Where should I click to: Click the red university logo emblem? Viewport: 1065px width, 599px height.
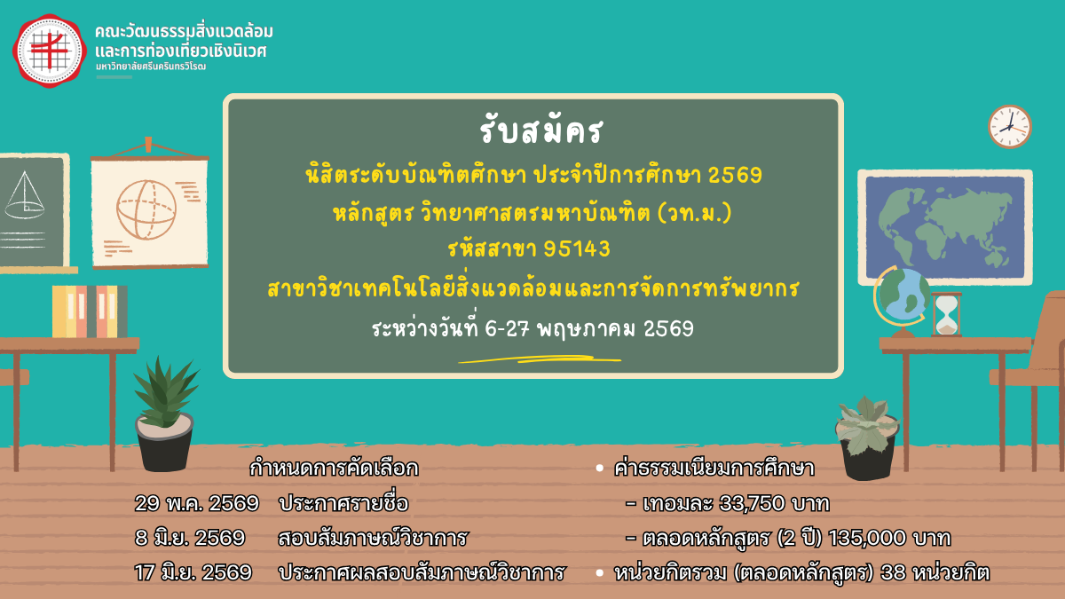tap(50, 51)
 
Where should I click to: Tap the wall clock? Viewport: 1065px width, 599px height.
tap(1010, 126)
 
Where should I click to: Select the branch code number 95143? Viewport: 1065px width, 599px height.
tap(577, 248)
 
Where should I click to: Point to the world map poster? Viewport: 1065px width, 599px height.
tap(945, 227)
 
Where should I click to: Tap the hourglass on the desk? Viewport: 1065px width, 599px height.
tap(946, 315)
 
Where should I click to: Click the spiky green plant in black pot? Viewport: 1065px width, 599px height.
tap(165, 414)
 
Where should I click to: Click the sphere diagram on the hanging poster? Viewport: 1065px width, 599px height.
tap(146, 209)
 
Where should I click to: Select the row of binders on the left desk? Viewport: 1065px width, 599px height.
tap(90, 311)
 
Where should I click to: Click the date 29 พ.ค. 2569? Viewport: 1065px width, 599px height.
tap(197, 503)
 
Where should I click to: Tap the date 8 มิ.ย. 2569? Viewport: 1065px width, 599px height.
tap(190, 538)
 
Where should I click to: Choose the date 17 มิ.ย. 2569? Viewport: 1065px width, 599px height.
tap(193, 572)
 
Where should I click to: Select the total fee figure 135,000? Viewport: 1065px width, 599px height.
tap(867, 538)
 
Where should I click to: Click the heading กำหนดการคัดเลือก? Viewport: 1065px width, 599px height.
tap(334, 469)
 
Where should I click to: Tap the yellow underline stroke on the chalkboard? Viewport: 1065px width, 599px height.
tap(540, 359)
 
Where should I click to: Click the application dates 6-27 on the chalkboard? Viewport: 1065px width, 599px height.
tap(508, 328)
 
